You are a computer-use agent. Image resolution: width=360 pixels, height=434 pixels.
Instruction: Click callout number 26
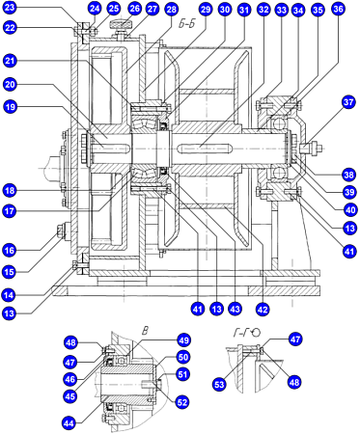[x=134, y=9]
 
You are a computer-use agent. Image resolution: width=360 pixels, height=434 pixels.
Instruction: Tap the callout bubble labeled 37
[x=348, y=102]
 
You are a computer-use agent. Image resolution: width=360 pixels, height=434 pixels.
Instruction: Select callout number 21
[x=11, y=61]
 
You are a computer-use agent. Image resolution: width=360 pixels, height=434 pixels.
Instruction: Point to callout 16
[x=10, y=250]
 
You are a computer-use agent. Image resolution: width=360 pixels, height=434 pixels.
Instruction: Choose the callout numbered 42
[x=263, y=310]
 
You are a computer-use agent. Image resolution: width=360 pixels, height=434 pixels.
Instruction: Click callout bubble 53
[x=219, y=385]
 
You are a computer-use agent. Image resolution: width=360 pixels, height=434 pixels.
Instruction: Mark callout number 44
[x=69, y=423]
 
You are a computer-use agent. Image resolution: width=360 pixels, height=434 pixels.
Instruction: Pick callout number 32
[x=263, y=10]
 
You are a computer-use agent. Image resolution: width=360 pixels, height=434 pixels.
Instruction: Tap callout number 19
[x=11, y=106]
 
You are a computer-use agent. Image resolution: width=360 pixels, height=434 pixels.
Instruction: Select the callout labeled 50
[x=182, y=357]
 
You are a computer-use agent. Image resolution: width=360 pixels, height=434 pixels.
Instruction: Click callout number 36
[x=338, y=9]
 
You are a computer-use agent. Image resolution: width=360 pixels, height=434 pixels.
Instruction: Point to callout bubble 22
[x=11, y=28]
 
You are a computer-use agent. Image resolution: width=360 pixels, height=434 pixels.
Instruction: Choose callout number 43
[x=235, y=309]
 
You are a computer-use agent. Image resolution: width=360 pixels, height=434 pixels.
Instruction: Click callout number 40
[x=349, y=210]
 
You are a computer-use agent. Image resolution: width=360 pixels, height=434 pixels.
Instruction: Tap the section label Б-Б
[x=186, y=24]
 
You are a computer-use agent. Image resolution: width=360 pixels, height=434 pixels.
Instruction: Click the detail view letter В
[x=145, y=331]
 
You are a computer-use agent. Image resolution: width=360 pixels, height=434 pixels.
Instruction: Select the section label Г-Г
[x=241, y=333]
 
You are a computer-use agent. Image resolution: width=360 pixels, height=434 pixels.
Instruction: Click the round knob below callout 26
[x=121, y=24]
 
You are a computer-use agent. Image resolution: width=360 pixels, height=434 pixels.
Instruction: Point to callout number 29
[x=206, y=9]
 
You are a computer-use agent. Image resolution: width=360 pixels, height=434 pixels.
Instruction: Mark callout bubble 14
[x=10, y=294]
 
